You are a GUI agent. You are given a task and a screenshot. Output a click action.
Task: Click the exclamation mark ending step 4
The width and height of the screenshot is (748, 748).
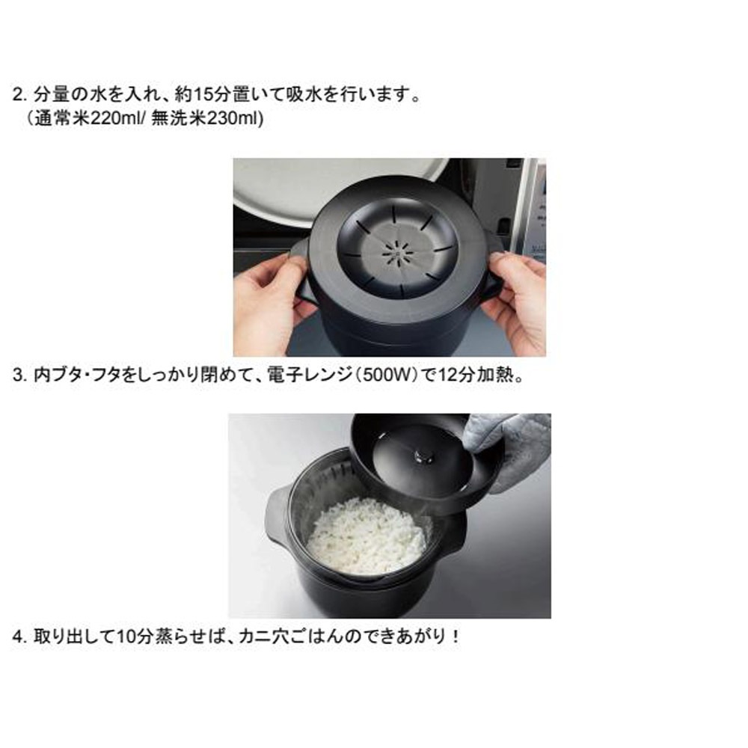456,638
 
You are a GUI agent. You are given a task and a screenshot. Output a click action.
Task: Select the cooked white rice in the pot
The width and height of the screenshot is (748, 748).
367,535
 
